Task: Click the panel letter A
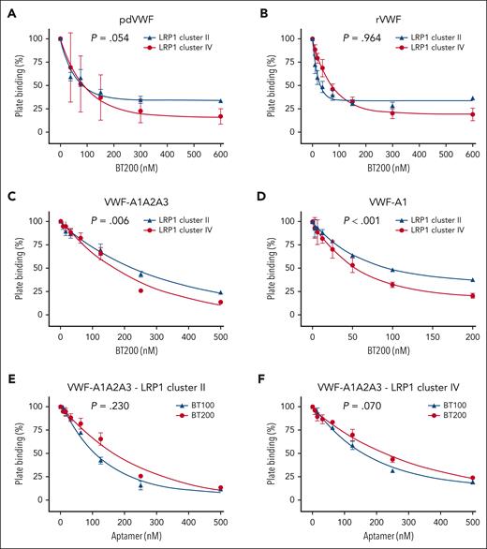(x=7, y=8)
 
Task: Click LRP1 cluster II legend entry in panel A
(x=187, y=33)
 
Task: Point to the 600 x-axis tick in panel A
(x=221, y=145)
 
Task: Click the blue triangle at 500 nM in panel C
(x=221, y=292)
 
